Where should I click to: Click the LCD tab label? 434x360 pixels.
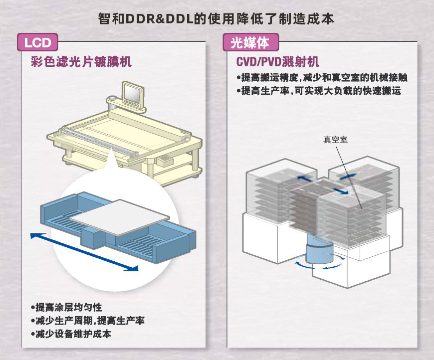pyautogui.click(x=38, y=42)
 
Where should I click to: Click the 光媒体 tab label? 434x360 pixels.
pyautogui.click(x=250, y=42)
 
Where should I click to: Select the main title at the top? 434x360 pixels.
pyautogui.click(x=217, y=18)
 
